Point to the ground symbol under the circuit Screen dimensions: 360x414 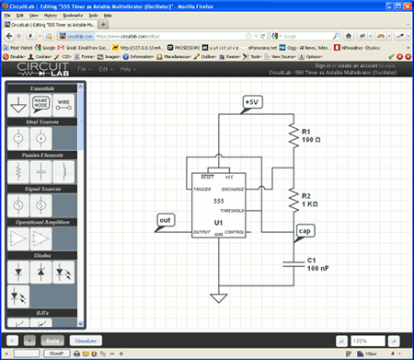[218, 296]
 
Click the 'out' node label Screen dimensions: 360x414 [166, 221]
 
